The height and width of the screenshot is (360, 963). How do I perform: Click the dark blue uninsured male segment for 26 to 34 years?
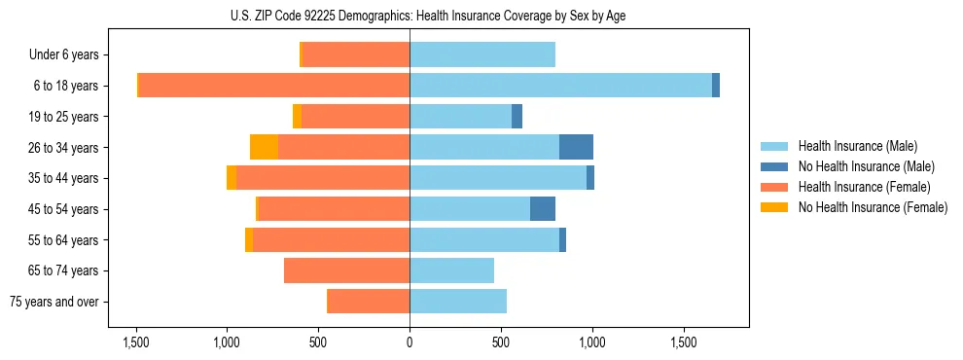click(x=576, y=147)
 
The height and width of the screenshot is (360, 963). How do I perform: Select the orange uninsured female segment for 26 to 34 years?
click(x=264, y=147)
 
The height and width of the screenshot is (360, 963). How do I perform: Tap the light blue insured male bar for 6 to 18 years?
click(x=560, y=86)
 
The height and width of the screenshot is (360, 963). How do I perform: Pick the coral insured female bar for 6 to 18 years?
click(x=274, y=86)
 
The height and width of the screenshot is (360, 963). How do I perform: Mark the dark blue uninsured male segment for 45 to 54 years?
click(x=543, y=208)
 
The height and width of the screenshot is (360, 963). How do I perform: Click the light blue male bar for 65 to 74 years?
click(x=451, y=270)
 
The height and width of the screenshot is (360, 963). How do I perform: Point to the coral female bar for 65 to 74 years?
click(x=346, y=270)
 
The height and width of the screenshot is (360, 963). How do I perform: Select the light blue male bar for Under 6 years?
click(x=482, y=54)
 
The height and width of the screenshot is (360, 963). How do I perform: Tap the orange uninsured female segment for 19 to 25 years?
click(x=297, y=117)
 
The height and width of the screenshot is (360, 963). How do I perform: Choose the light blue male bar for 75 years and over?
click(x=458, y=302)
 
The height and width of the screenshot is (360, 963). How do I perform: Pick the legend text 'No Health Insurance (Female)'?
click(x=873, y=207)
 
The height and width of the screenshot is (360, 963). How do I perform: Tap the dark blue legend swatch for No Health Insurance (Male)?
click(x=774, y=166)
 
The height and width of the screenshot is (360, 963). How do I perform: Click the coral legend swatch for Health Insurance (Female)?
click(x=774, y=187)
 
